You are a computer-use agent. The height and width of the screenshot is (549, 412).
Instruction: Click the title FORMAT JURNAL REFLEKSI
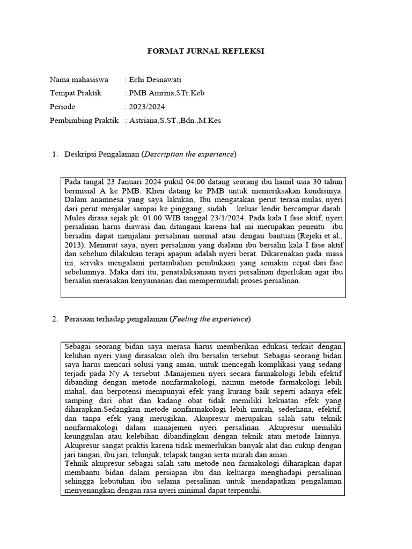[x=206, y=51]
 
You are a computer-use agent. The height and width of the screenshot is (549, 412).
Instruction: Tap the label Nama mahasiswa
[x=79, y=79]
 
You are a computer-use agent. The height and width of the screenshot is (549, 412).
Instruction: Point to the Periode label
[x=62, y=107]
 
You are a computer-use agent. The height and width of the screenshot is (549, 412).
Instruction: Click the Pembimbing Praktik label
[x=84, y=121]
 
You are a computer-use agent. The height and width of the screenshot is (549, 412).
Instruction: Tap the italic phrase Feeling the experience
[x=210, y=319]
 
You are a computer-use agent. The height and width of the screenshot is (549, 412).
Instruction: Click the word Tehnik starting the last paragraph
[x=76, y=463]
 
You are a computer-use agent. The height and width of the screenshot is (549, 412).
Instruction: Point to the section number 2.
[x=55, y=319]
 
